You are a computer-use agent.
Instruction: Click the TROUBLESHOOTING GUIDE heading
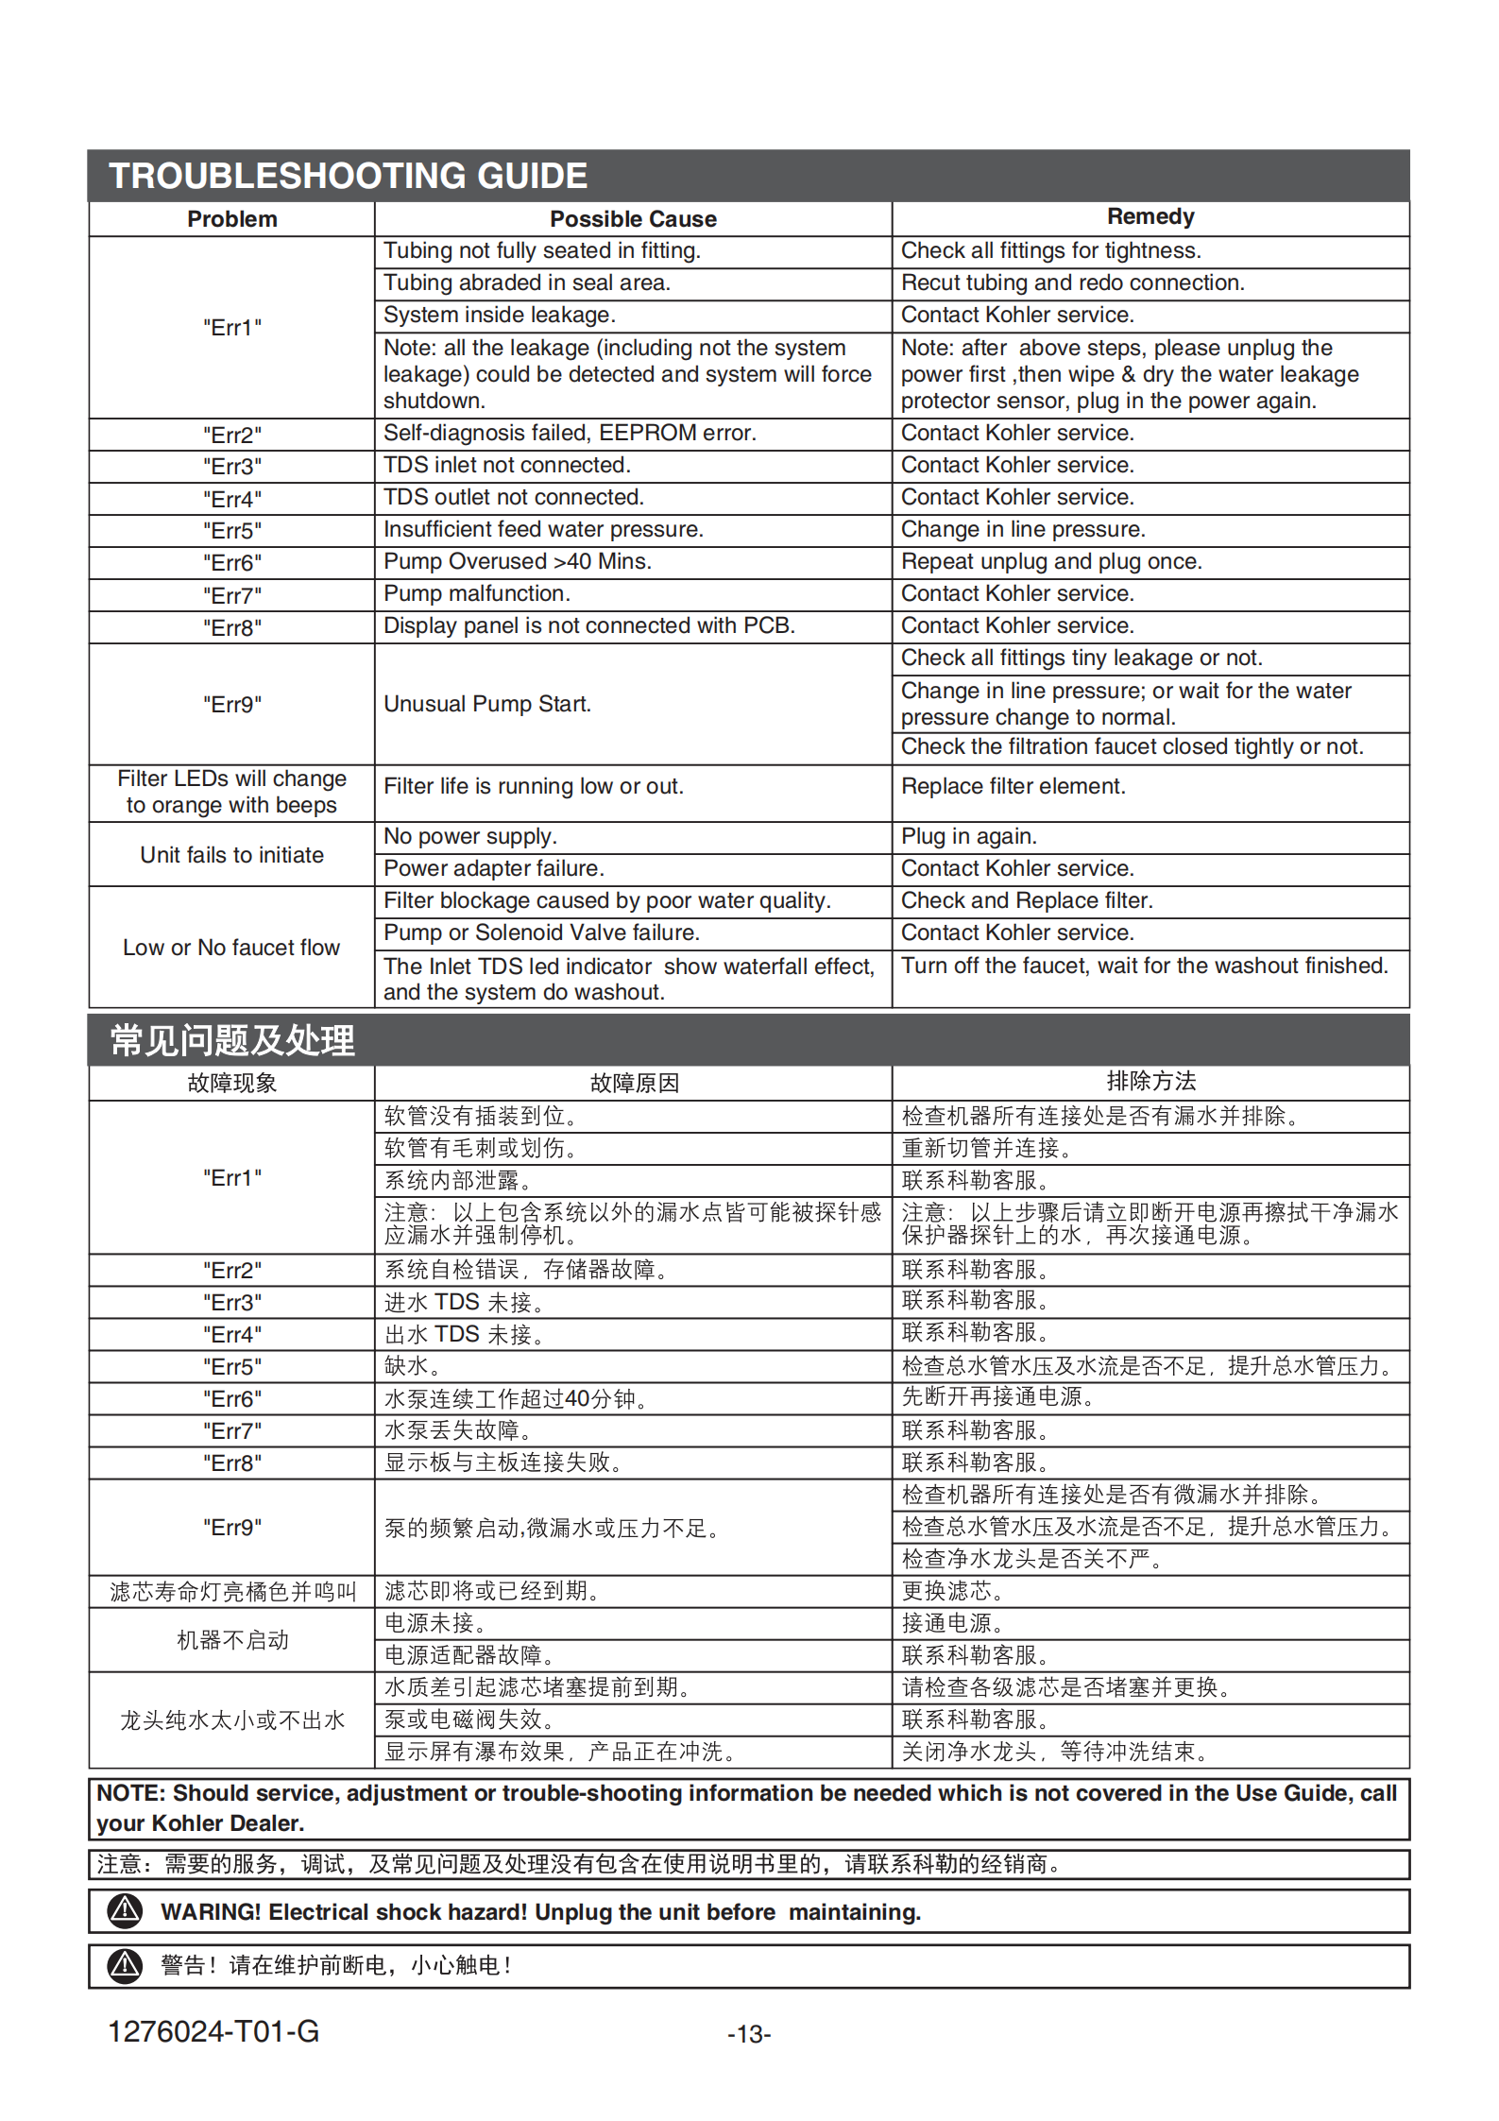[x=348, y=176]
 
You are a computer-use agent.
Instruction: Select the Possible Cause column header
[x=633, y=219]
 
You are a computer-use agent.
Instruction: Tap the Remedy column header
[x=1150, y=217]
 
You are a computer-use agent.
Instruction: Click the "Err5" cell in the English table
[x=231, y=531]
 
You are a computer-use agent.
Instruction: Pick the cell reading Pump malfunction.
[x=477, y=594]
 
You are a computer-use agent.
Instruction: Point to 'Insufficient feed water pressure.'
[x=543, y=530]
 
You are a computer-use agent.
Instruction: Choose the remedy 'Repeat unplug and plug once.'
[x=1050, y=562]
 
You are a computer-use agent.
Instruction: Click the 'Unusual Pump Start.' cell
[x=487, y=705]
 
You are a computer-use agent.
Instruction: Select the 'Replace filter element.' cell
[x=1013, y=787]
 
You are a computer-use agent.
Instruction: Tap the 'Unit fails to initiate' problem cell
[x=231, y=855]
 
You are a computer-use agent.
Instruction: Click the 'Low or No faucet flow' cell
[x=231, y=948]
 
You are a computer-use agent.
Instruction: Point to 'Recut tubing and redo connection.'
[x=1072, y=283]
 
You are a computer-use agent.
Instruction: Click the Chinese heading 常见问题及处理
[x=232, y=1040]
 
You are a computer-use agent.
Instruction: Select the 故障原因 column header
[x=634, y=1084]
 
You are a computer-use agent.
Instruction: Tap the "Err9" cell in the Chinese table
[x=231, y=1528]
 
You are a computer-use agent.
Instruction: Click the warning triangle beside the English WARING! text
[x=125, y=1911]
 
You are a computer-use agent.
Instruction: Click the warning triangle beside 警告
[x=125, y=1966]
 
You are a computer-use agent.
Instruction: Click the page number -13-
[x=749, y=2034]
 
